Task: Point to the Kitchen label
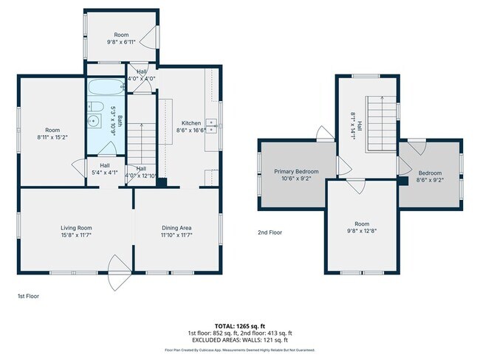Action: (x=191, y=123)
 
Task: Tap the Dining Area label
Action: (x=176, y=228)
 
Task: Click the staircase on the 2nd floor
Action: (x=382, y=122)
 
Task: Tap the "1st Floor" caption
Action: (x=28, y=296)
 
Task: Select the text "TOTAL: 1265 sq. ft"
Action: (x=240, y=325)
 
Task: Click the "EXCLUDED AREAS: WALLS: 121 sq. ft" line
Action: (x=240, y=340)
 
